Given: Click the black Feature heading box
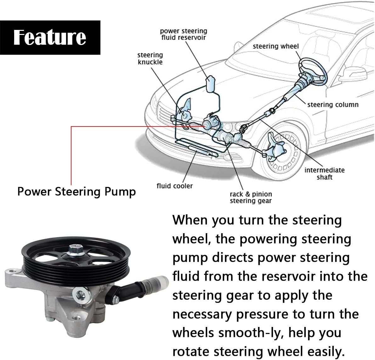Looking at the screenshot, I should pyautogui.click(x=50, y=37).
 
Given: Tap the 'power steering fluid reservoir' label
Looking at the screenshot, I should pyautogui.click(x=184, y=34).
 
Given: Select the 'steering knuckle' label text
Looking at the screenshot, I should pyautogui.click(x=150, y=59).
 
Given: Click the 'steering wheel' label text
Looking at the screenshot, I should pyautogui.click(x=276, y=46).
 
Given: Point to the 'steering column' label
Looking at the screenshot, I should pyautogui.click(x=333, y=104).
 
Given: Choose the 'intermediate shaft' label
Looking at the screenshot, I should pyautogui.click(x=324, y=173).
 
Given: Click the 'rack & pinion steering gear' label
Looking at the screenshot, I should pyautogui.click(x=251, y=197).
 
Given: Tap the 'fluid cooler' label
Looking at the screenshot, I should pyautogui.click(x=174, y=186).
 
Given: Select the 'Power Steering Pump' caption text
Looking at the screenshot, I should pyautogui.click(x=77, y=191).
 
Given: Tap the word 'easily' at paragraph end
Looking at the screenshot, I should pyautogui.click(x=324, y=352).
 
